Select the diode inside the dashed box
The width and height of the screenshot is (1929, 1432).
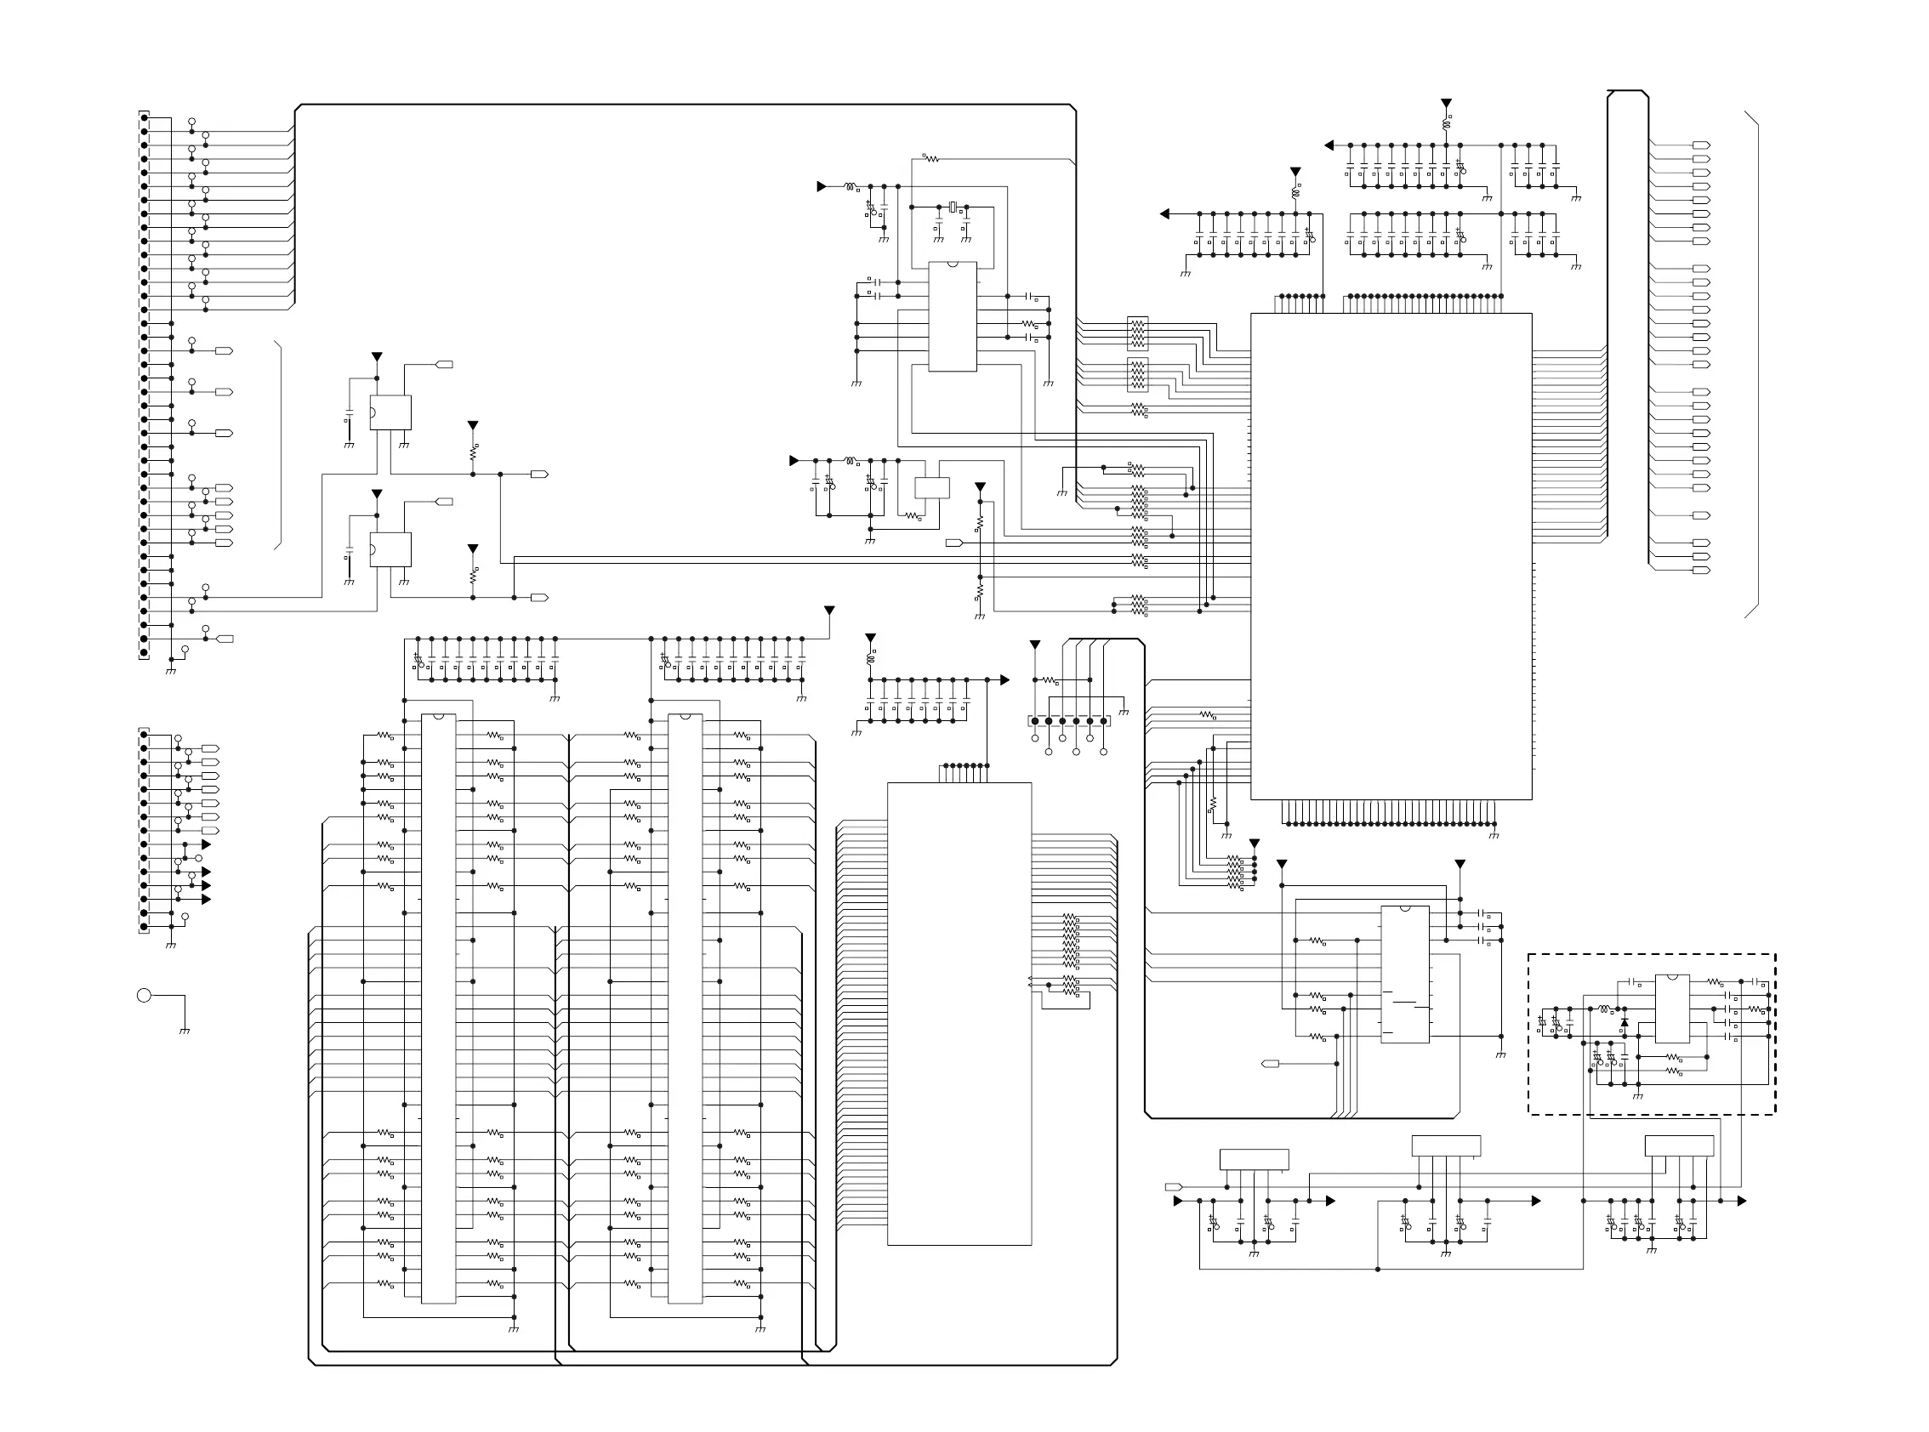pyautogui.click(x=1624, y=1023)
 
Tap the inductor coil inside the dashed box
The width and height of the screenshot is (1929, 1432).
pyautogui.click(x=1604, y=1009)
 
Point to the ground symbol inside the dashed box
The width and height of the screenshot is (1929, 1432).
pyautogui.click(x=1638, y=1097)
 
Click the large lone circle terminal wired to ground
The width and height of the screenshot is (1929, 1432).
pyautogui.click(x=144, y=995)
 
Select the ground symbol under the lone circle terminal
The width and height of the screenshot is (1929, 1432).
pyautogui.click(x=184, y=1031)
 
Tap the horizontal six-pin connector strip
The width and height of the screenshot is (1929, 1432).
pyautogui.click(x=1069, y=720)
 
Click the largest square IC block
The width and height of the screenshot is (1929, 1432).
pyautogui.click(x=1391, y=555)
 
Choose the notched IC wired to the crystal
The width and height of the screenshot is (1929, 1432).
pyautogui.click(x=952, y=316)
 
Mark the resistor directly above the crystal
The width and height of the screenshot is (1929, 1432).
pyautogui.click(x=930, y=159)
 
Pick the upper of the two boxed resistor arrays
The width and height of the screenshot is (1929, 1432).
pyautogui.click(x=1137, y=332)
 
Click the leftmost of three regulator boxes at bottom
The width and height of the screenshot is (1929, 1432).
pyautogui.click(x=1254, y=1159)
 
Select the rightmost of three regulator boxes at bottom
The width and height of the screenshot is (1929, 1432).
pyautogui.click(x=1678, y=1145)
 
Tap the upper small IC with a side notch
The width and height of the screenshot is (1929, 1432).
pyautogui.click(x=391, y=412)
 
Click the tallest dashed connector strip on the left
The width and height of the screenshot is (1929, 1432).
pyautogui.click(x=144, y=385)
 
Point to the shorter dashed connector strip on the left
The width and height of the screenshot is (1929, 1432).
pyautogui.click(x=144, y=831)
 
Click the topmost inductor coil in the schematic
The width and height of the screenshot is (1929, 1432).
pyautogui.click(x=1445, y=125)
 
